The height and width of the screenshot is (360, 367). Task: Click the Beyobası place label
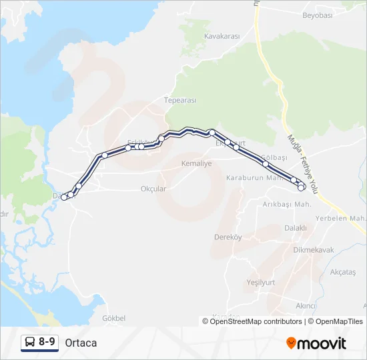(318, 15)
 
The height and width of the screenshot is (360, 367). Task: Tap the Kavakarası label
(222, 36)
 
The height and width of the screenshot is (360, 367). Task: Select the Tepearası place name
(180, 100)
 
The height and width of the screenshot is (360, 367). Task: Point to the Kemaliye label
(196, 163)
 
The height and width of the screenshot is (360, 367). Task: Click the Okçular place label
(153, 189)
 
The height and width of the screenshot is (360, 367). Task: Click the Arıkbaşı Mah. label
(287, 204)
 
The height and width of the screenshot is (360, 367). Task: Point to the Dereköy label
(227, 237)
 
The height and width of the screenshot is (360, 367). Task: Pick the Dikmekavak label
(314, 250)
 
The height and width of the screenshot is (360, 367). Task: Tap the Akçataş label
(343, 272)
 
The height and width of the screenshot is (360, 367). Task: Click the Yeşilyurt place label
(261, 282)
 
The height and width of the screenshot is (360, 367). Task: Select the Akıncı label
(306, 305)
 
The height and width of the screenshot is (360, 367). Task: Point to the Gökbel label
(115, 318)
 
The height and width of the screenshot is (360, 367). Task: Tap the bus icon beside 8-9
(30, 343)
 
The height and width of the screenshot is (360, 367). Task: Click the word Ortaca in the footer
(81, 343)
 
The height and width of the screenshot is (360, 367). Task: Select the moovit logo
(316, 343)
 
